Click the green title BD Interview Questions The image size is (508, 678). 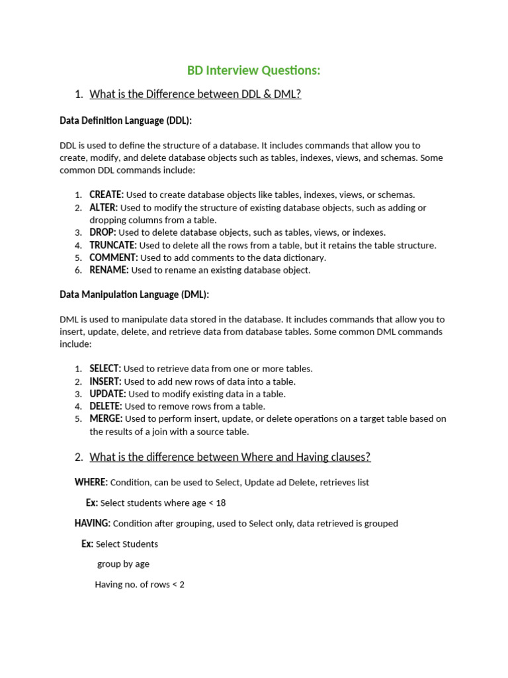[253, 70]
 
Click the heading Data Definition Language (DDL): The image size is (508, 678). [126, 121]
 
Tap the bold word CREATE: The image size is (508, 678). [106, 195]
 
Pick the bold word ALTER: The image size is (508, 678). [103, 207]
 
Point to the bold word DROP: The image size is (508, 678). [103, 232]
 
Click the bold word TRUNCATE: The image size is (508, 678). [113, 245]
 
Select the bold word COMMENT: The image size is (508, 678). [114, 258]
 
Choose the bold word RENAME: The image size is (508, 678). [109, 270]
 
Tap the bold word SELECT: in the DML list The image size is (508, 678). [105, 369]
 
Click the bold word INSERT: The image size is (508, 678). [105, 381]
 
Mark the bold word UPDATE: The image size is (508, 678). [108, 394]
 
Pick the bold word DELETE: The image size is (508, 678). [106, 407]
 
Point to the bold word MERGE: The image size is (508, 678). [106, 419]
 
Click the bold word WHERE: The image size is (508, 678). [91, 482]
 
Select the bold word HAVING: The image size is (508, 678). [93, 524]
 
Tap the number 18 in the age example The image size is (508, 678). [220, 503]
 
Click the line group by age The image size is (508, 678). [123, 564]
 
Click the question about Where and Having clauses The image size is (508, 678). [230, 457]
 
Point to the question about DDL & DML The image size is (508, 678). [195, 94]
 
